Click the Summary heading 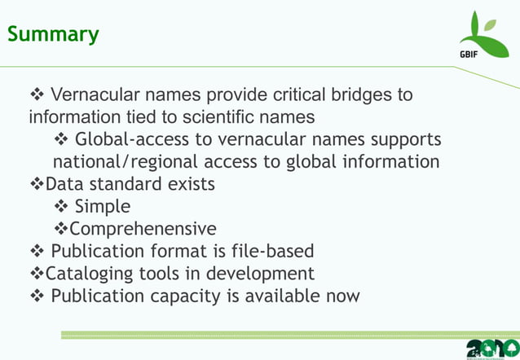coord(53,34)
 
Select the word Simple coord(102,206)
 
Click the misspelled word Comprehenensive coord(143,228)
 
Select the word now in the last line coord(342,294)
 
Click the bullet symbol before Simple coord(62,206)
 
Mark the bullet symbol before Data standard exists coord(36,183)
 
